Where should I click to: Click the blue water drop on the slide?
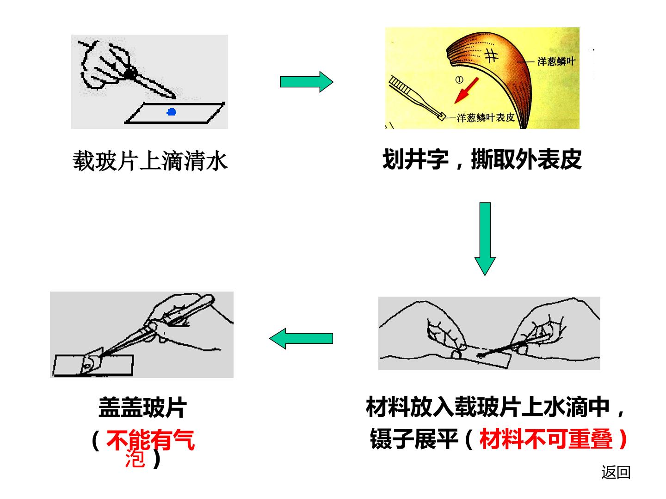click(172, 112)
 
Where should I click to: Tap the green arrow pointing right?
click(307, 82)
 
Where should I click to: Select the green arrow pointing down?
click(485, 239)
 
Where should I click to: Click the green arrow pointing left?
click(301, 338)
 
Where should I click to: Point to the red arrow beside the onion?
click(466, 91)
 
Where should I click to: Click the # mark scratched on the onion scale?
click(491, 56)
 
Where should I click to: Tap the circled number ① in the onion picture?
click(459, 79)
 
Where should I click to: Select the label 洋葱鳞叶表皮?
click(486, 117)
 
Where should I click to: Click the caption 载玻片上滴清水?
click(150, 161)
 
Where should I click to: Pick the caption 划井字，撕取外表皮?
click(482, 159)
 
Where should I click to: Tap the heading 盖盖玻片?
click(142, 408)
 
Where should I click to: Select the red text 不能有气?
click(150, 440)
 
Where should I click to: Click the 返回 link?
click(616, 472)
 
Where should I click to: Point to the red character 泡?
click(136, 458)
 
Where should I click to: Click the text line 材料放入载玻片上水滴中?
click(488, 407)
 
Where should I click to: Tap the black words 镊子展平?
click(414, 439)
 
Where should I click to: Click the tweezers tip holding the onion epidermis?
click(443, 116)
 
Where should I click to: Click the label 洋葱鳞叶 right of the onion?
click(556, 61)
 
